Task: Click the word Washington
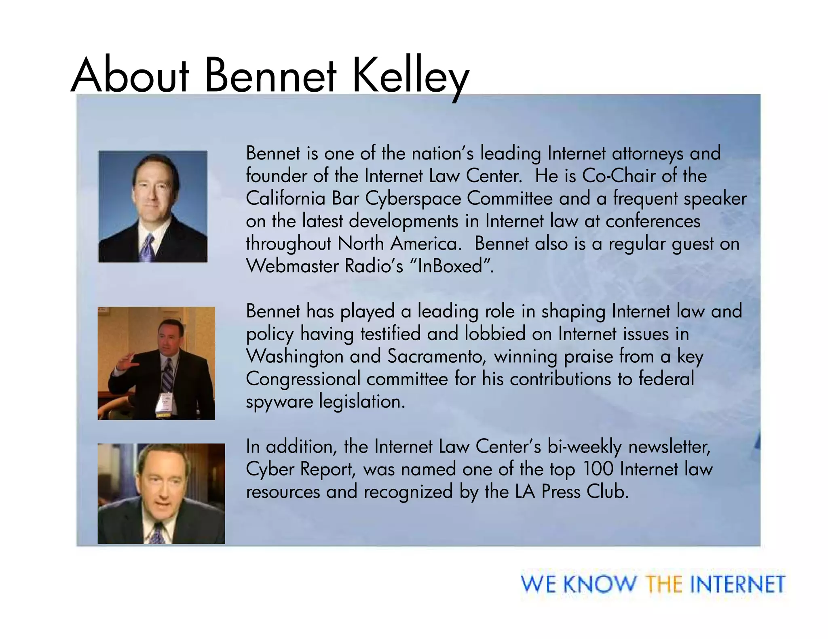(x=294, y=357)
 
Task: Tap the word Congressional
(x=303, y=380)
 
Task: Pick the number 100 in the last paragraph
(x=598, y=469)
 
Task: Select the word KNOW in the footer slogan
(x=599, y=584)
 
